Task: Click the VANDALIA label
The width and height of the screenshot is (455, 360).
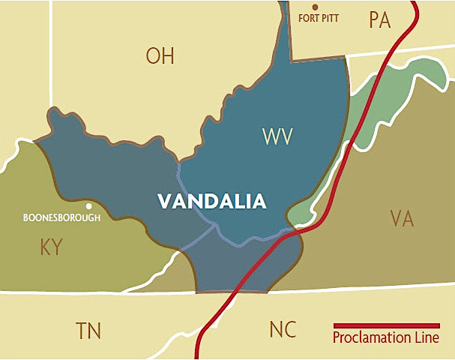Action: pos(211,201)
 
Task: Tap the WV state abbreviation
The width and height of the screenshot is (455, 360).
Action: pos(277,136)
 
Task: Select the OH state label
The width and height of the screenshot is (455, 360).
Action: pos(160,55)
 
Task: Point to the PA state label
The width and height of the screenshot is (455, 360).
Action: pos(380,20)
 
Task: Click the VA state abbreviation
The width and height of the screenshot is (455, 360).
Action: pos(402,219)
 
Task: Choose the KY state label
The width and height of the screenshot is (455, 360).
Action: pos(51,247)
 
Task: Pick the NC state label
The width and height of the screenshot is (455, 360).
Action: pos(283,329)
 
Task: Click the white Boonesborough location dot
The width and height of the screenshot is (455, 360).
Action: pos(88,205)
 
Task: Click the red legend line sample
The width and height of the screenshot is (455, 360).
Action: pos(386,326)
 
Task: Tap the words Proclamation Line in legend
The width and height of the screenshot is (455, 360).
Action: pos(386,338)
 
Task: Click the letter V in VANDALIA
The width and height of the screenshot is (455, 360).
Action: pos(163,201)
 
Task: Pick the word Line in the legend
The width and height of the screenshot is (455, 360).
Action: pos(427,338)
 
